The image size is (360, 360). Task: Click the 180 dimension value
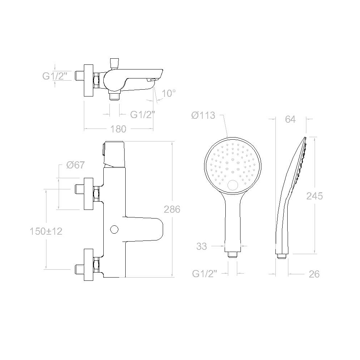(x=118, y=129)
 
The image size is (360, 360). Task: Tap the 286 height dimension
(x=172, y=209)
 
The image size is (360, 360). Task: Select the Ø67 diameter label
(x=76, y=165)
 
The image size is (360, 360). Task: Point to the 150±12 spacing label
(x=46, y=231)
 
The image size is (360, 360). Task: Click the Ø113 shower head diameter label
(x=203, y=115)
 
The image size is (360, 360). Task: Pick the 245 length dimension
(x=315, y=196)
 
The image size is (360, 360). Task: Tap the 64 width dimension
(x=290, y=120)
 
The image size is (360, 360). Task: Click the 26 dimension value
(x=314, y=274)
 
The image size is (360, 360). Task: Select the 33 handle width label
(x=202, y=246)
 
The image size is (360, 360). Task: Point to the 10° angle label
(x=169, y=93)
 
